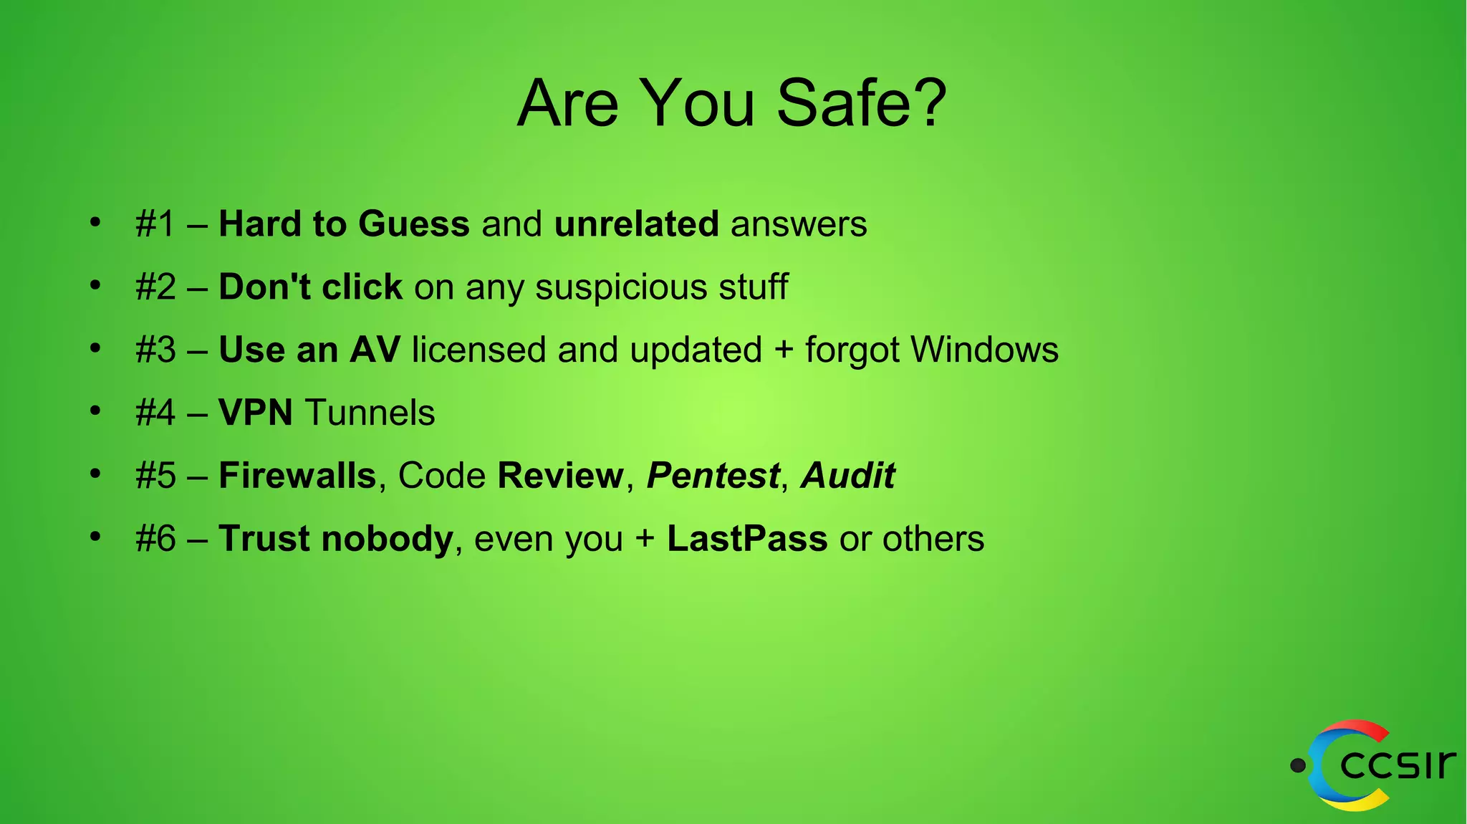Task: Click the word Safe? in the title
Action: [862, 104]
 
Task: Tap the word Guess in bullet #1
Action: [414, 224]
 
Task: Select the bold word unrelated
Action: [636, 224]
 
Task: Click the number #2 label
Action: [155, 287]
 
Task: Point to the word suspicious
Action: [621, 288]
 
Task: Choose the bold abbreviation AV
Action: [375, 350]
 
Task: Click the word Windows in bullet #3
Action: [984, 350]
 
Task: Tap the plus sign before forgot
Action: [784, 351]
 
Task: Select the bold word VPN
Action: [256, 413]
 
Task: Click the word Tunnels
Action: [370, 413]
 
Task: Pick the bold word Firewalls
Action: [297, 475]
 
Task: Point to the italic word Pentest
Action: [713, 475]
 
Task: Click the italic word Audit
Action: [848, 475]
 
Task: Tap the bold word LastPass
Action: [747, 539]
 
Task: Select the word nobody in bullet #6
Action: [387, 539]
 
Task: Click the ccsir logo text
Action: [1398, 765]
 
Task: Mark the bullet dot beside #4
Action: [95, 411]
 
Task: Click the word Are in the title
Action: [567, 104]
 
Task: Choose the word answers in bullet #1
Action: [799, 224]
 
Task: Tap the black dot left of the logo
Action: [1297, 766]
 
